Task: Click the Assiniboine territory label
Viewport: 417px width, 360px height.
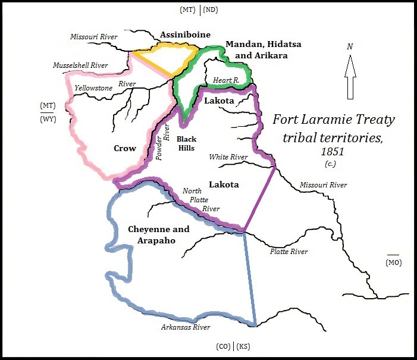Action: [184, 35]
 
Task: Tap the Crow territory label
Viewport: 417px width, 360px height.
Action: [125, 148]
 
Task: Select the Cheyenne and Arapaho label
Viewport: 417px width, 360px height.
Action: [159, 234]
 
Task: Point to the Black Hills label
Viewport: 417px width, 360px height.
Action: [187, 143]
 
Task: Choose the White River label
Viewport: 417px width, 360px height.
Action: [228, 157]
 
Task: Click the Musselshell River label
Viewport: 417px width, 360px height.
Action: [80, 65]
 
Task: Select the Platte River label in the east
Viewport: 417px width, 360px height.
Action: [289, 252]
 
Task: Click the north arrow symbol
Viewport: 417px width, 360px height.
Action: [350, 77]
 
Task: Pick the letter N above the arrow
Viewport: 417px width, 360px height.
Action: [350, 47]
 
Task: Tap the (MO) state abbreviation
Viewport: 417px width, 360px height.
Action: [393, 262]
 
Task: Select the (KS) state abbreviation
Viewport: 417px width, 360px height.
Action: [243, 346]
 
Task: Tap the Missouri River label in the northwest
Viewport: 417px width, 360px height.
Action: [94, 36]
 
